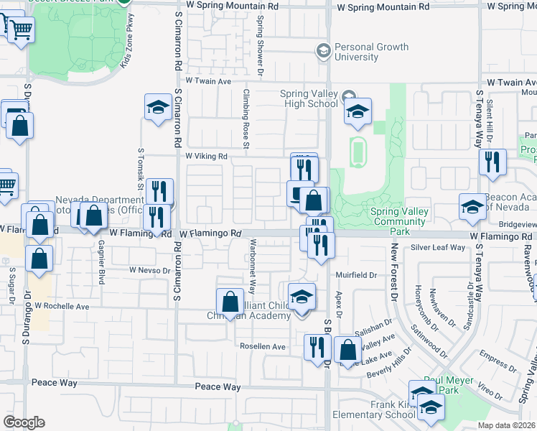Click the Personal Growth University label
click(x=372, y=52)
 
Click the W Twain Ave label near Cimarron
click(x=209, y=81)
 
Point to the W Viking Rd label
click(x=206, y=156)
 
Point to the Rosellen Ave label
click(x=263, y=346)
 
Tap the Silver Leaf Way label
click(x=438, y=248)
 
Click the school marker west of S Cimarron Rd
click(x=157, y=108)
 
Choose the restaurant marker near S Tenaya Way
click(x=492, y=162)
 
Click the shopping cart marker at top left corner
click(x=19, y=29)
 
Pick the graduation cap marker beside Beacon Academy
click(x=472, y=207)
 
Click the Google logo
click(x=24, y=422)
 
